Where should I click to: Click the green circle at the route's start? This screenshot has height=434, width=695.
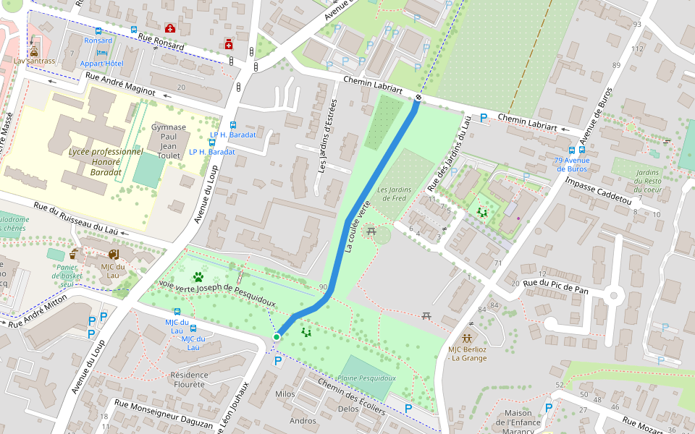277,337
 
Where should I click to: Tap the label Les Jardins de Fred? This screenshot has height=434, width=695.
394,194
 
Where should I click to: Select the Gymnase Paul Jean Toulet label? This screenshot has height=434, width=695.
169,141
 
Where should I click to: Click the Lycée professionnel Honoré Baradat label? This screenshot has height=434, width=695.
106,157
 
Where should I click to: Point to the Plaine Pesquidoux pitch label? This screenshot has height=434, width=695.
367,378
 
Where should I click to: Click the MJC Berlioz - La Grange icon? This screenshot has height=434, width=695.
468,338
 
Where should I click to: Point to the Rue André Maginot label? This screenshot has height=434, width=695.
120,84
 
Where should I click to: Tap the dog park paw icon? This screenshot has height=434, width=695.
198,276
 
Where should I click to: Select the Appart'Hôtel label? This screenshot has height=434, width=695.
101,64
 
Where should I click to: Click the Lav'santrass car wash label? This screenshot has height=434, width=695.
34,61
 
